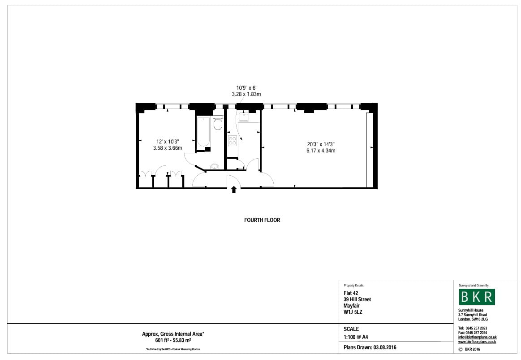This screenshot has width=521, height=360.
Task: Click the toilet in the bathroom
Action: click(x=218, y=123)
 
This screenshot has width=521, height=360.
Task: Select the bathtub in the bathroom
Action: click(x=203, y=132)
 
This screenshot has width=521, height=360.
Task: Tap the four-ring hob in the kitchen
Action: click(x=233, y=141)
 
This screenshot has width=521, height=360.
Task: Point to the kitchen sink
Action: click(x=244, y=117)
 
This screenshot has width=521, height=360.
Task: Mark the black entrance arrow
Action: click(x=233, y=190)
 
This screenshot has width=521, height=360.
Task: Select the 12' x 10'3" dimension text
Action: click(x=168, y=141)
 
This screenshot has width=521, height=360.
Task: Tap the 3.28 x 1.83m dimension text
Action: click(x=246, y=94)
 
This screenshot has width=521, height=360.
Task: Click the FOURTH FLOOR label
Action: click(x=262, y=220)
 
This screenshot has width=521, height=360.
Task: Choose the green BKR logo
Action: click(x=477, y=297)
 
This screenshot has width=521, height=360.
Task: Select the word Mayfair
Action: click(x=353, y=306)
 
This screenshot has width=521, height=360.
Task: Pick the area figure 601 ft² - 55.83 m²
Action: click(x=173, y=340)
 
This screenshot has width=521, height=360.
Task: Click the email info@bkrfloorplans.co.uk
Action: click(x=478, y=337)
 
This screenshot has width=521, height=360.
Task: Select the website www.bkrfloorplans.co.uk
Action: click(x=477, y=342)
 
